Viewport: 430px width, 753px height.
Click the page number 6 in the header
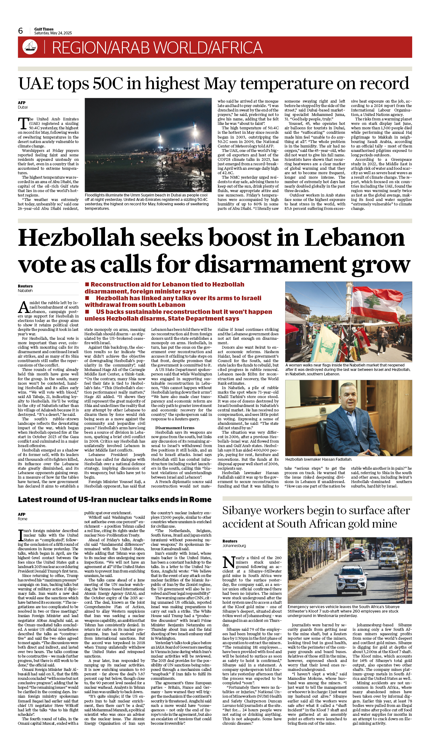click(20, 31)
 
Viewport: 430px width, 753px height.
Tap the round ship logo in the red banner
click(30, 47)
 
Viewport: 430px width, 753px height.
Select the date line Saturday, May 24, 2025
click(53, 33)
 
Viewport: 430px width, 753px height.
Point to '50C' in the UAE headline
click(105, 83)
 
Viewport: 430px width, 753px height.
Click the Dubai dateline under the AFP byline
click(23, 107)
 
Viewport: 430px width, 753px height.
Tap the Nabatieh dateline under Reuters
click(25, 291)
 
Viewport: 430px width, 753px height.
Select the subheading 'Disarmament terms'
click(175, 428)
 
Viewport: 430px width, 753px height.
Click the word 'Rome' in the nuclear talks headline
click(200, 500)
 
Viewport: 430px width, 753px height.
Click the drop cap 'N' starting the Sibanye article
click(229, 562)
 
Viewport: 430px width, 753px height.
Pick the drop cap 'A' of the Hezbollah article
click(24, 307)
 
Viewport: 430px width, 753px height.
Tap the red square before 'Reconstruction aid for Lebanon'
click(87, 284)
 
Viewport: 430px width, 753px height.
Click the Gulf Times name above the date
click(44, 29)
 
